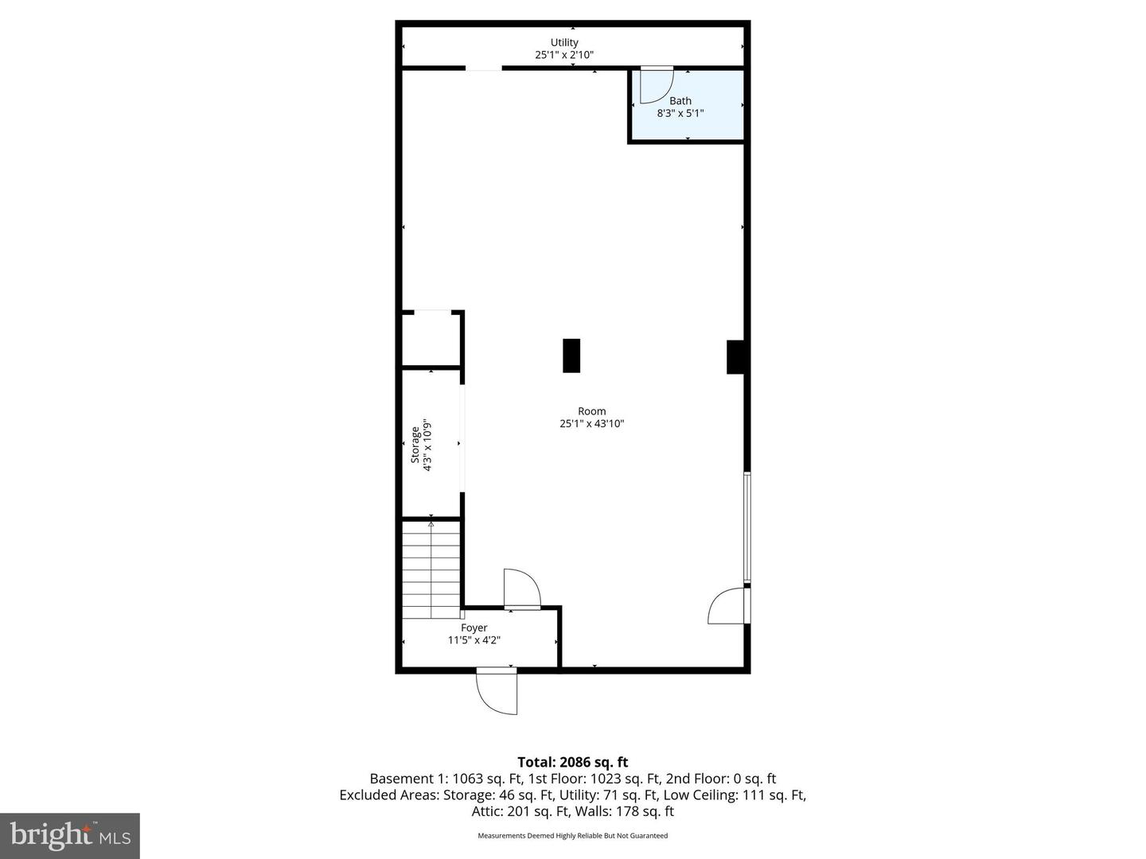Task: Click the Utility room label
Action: coord(564,42)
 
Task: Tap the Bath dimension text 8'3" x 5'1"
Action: coord(680,113)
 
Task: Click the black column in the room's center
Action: coord(571,356)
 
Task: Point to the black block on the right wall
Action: coord(735,357)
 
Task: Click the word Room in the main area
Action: coord(591,411)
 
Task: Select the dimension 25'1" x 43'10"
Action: coord(591,424)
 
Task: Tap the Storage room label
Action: coord(415,445)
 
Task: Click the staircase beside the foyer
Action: coord(431,569)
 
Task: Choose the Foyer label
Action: coord(474,628)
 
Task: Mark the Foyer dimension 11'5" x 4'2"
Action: coord(474,640)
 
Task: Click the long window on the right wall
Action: coord(746,527)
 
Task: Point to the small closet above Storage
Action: coord(431,340)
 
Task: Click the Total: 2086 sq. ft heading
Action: coord(572,762)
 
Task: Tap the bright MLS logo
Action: coord(69,835)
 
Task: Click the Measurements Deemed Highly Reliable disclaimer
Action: coord(572,836)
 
